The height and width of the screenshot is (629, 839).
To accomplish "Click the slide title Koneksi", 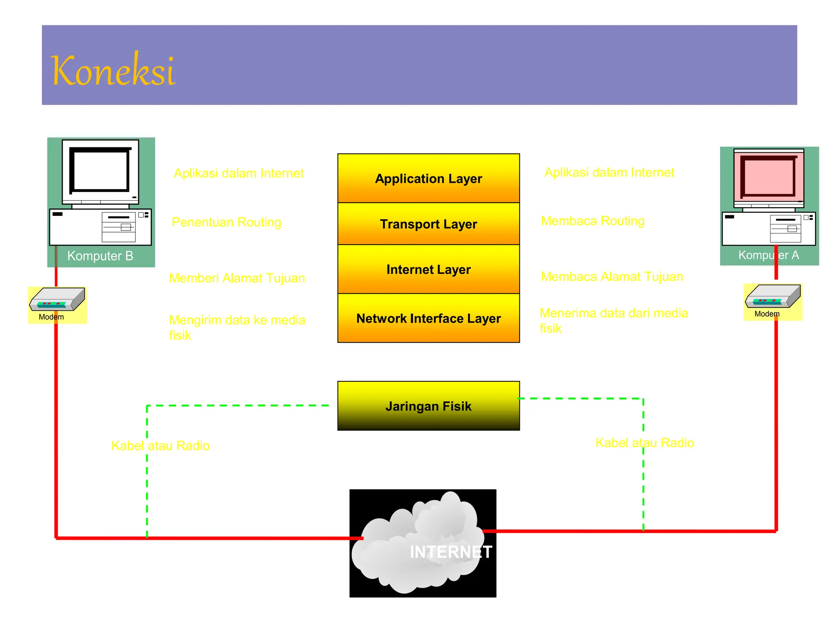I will tap(113, 70).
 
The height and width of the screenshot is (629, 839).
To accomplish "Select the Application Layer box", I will tap(429, 179).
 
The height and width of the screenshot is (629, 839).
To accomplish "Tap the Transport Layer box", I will tap(429, 224).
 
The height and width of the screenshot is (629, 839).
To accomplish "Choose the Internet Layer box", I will tap(429, 269).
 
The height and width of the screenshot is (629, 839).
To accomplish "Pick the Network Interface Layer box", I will tap(429, 318).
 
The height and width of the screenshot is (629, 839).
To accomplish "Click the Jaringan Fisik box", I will tap(429, 406).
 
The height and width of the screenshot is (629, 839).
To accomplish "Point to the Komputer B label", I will tap(100, 256).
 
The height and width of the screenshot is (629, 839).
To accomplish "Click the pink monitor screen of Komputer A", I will tap(769, 176).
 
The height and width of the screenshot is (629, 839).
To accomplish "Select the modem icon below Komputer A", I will tap(773, 296).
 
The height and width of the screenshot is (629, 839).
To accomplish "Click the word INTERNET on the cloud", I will tap(451, 552).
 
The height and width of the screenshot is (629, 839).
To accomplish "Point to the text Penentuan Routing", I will tap(227, 222).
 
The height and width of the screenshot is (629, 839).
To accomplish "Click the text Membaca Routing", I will tap(593, 221).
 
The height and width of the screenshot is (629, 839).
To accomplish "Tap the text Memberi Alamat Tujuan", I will tap(237, 278).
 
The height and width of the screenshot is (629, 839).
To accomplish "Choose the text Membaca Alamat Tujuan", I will tap(612, 277).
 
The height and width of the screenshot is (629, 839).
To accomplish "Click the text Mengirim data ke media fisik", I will tap(237, 327).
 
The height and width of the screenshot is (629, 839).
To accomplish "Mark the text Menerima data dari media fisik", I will tap(613, 320).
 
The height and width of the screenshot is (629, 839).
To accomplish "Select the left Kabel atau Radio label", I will tap(161, 446).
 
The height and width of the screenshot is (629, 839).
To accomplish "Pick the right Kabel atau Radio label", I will tap(644, 443).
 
